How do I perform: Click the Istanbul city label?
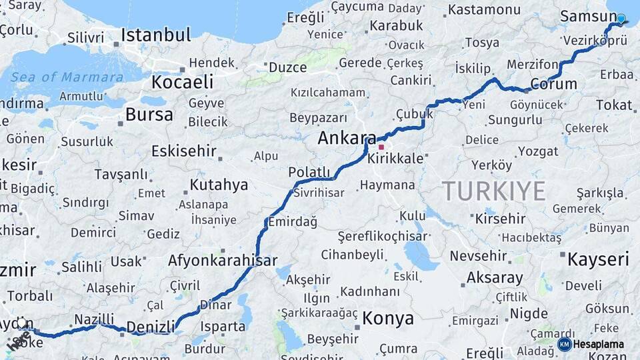[156, 35]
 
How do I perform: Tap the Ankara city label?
[347, 138]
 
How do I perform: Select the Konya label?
[388, 319]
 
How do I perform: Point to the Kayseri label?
[598, 259]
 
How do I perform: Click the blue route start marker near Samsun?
[621, 19]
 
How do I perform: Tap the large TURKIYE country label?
[494, 191]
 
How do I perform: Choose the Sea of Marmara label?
[67, 77]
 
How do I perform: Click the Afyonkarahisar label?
[223, 260]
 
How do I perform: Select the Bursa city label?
[149, 115]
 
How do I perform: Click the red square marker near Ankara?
[381, 147]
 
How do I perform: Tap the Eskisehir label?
[184, 151]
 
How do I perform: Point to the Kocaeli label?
[183, 82]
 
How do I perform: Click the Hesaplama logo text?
[599, 345]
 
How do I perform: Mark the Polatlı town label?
[309, 173]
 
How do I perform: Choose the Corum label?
[553, 85]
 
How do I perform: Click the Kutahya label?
[219, 185]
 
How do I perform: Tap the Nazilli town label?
[94, 319]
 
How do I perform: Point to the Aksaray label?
[495, 277]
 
